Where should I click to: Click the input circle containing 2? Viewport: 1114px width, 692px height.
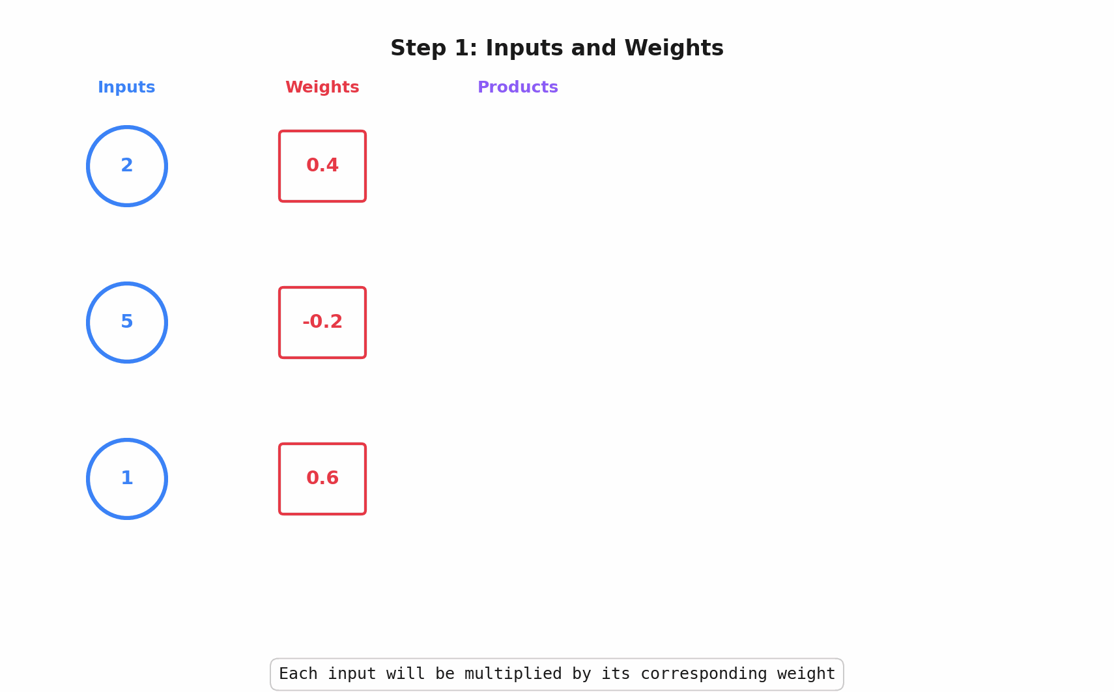click(x=127, y=166)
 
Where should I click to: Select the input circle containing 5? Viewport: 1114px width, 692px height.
click(x=127, y=323)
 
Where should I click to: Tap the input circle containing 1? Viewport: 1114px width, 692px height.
click(x=127, y=479)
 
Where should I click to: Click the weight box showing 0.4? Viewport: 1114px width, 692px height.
click(x=322, y=166)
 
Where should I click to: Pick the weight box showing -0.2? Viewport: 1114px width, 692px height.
click(x=322, y=323)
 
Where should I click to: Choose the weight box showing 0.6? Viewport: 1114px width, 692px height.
click(x=322, y=479)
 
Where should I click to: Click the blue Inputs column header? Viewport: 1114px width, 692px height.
click(x=126, y=87)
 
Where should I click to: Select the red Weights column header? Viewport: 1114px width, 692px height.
click(x=322, y=87)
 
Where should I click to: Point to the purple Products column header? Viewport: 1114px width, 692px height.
click(x=518, y=87)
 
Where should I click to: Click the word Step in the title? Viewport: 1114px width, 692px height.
click(x=418, y=49)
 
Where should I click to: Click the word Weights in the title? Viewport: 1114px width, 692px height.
click(x=674, y=49)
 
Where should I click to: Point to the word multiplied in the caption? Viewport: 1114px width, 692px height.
click(x=513, y=674)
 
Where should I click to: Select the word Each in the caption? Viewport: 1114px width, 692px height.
click(x=298, y=674)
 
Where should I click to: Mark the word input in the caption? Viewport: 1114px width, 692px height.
click(x=352, y=674)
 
